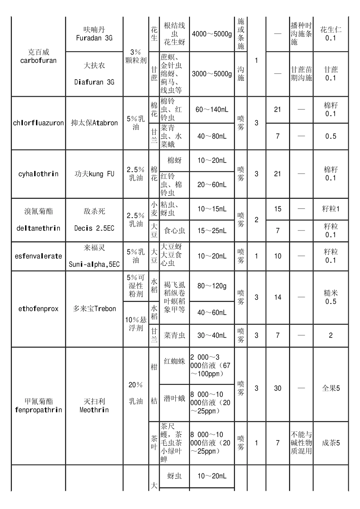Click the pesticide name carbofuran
[38, 61]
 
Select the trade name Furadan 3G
[94, 38]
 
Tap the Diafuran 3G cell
[94, 82]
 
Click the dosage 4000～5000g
[212, 34]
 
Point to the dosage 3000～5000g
[212, 74]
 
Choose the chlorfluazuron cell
[38, 123]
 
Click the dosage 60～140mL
[212, 110]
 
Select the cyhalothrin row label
[38, 174]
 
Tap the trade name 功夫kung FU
[94, 174]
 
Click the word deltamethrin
[38, 228]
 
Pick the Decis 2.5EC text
[94, 228]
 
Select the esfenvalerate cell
[38, 256]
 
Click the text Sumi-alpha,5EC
[94, 265]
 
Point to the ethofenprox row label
[38, 309]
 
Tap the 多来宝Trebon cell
[94, 309]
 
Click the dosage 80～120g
[212, 286]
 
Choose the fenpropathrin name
[38, 410]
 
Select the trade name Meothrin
[94, 410]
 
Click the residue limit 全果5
[330, 388]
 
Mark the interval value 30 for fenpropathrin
[278, 388]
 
